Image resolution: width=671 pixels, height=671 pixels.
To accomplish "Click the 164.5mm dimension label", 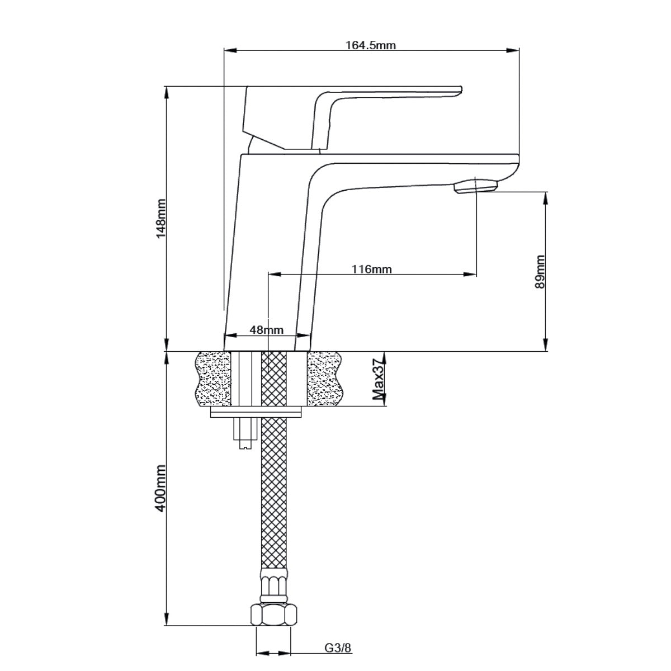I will click(x=371, y=45).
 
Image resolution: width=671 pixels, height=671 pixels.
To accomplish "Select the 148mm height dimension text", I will click(x=161, y=218).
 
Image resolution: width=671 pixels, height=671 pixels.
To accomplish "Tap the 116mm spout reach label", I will click(x=371, y=270).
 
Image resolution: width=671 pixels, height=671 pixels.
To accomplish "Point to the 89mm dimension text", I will click(x=540, y=271).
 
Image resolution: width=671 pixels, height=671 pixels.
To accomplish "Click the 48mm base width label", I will click(x=266, y=330).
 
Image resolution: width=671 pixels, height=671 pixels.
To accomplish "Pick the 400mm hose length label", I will click(x=161, y=488).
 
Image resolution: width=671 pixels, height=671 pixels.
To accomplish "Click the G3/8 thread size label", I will click(x=338, y=648).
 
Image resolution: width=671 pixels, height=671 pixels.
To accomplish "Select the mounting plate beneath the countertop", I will click(x=256, y=413).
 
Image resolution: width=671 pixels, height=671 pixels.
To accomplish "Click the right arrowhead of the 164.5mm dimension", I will click(x=513, y=50).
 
